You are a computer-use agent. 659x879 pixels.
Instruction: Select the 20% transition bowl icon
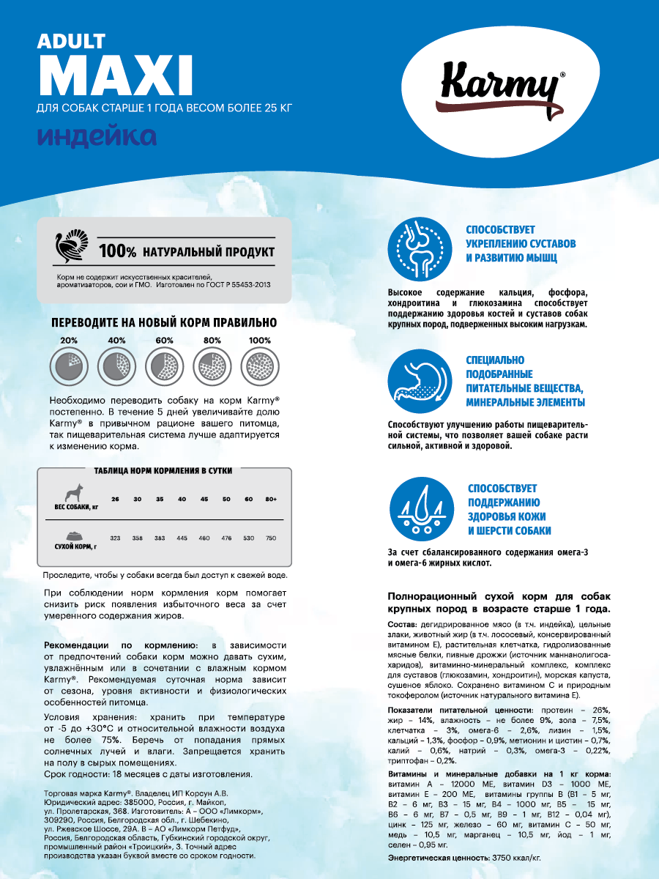click(68, 365)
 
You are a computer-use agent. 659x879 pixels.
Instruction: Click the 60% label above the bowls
click(164, 341)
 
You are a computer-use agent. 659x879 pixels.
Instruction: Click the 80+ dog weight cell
click(271, 500)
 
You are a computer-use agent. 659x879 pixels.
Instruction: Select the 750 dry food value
click(271, 538)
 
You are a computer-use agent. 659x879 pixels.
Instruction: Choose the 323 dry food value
click(115, 538)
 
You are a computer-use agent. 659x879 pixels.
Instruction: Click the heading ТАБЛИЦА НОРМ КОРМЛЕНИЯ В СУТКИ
click(164, 472)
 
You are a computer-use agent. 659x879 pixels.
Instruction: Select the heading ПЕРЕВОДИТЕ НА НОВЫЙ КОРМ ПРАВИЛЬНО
click(164, 322)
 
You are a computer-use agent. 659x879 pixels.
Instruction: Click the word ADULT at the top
click(71, 42)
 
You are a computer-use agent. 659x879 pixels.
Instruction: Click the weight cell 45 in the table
click(204, 500)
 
